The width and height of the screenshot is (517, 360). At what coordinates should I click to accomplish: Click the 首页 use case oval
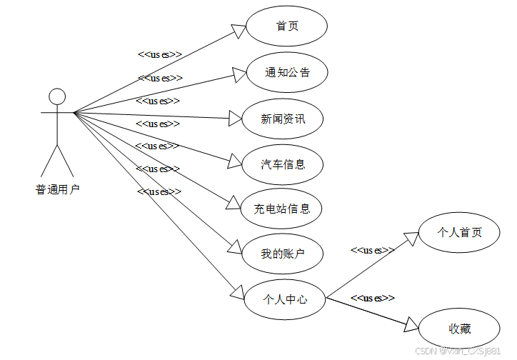point(286,26)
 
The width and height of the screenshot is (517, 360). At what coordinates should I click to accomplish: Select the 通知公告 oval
point(286,72)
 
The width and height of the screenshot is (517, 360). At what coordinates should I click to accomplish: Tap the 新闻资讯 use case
point(283,119)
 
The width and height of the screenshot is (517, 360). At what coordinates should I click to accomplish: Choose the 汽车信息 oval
point(283,164)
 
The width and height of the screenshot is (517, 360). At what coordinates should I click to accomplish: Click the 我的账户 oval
point(283,253)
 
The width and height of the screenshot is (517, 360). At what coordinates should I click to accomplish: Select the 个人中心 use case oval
point(285,299)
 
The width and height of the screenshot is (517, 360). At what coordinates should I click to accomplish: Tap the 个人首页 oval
point(459,233)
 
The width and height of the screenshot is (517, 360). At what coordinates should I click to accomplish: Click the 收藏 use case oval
point(459,329)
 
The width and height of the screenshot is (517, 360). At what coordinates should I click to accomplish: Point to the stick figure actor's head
point(57,96)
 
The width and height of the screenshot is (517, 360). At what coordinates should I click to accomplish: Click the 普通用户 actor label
point(57,189)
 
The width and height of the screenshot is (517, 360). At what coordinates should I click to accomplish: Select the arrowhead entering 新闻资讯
point(235,119)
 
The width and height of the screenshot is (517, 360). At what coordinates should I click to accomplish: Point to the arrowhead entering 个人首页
point(410,238)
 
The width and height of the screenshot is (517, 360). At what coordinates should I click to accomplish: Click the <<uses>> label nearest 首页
point(159,54)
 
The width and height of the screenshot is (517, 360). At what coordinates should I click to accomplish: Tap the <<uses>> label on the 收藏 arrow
point(372,297)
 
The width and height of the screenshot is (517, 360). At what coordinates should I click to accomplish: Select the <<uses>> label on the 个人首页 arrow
point(372,250)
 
